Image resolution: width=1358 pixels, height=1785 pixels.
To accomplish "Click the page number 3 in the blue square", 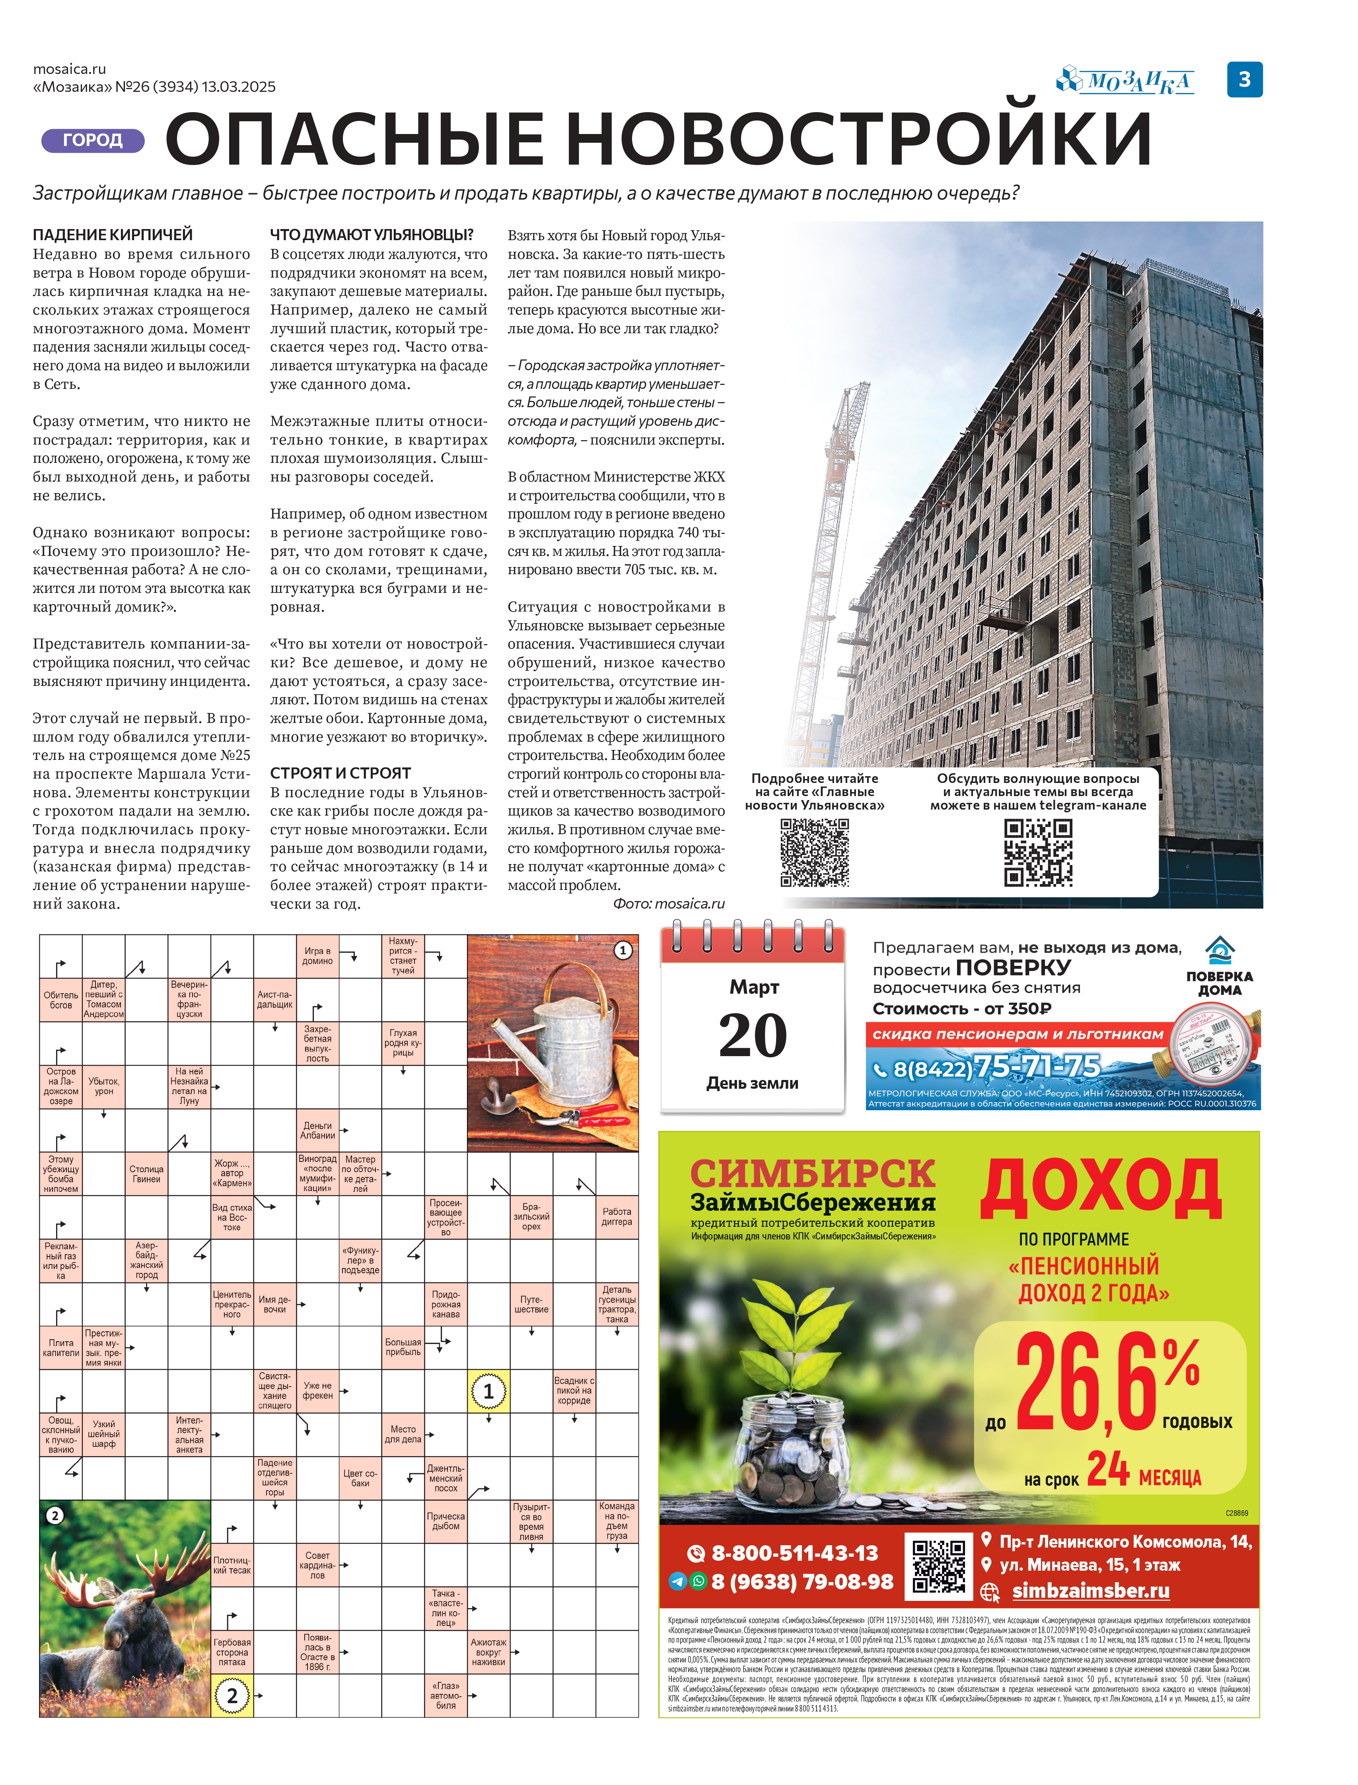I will [x=1244, y=79].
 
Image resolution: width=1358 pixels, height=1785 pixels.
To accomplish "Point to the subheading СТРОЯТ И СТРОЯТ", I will [x=340, y=773].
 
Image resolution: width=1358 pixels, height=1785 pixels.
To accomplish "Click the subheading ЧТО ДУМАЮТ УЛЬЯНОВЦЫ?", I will [x=372, y=234].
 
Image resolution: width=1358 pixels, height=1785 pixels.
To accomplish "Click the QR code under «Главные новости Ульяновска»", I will [x=814, y=853].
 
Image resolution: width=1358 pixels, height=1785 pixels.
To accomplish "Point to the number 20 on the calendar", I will [x=753, y=1035].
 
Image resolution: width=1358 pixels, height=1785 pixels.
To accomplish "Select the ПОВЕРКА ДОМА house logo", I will [x=1219, y=965].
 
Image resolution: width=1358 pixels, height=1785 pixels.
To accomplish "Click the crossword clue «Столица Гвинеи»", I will [x=146, y=1174].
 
